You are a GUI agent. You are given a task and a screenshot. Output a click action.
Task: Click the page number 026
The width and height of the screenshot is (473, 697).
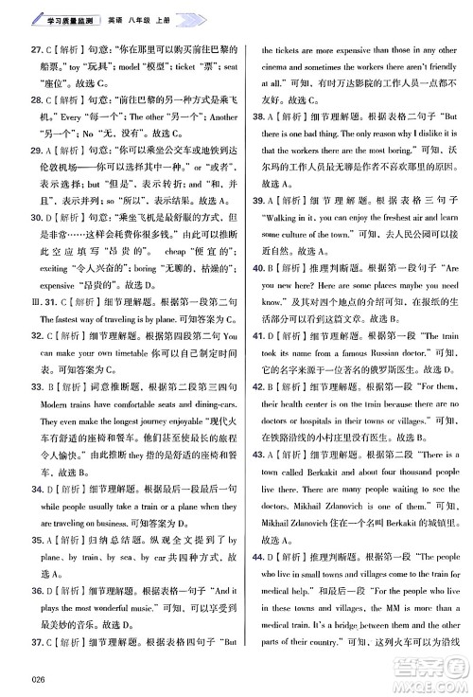coord(37,678)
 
